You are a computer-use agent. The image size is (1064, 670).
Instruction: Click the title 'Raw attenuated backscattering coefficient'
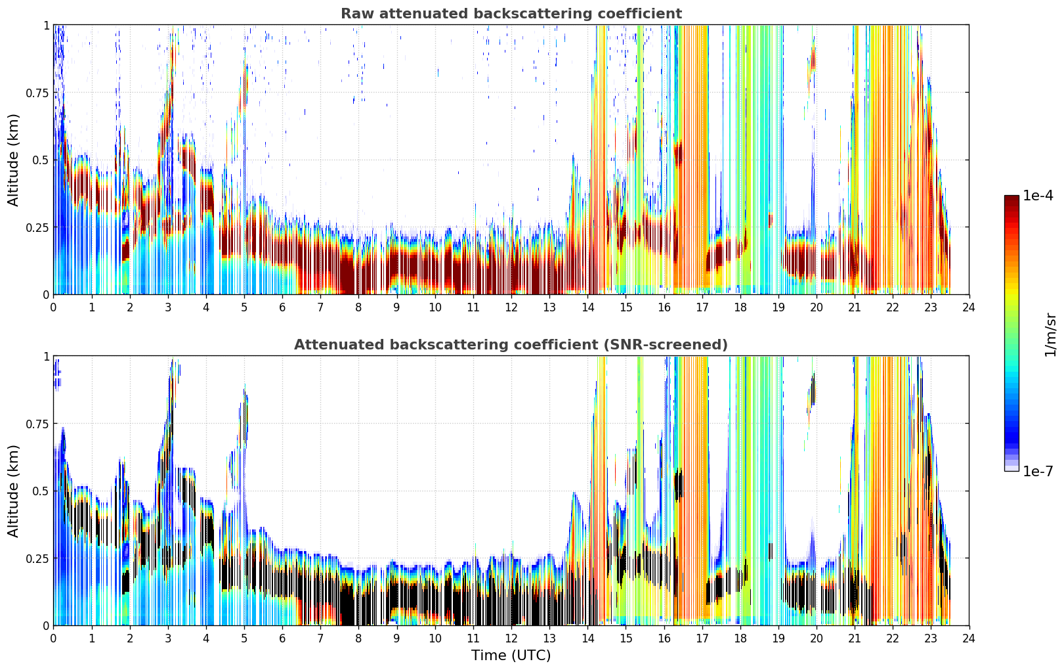click(511, 13)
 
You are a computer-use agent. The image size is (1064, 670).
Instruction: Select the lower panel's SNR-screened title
click(511, 344)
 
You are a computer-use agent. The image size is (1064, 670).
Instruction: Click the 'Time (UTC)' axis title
click(511, 656)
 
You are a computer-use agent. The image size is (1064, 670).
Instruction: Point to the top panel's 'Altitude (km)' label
click(13, 160)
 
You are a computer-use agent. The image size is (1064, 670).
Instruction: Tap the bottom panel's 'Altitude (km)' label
click(13, 491)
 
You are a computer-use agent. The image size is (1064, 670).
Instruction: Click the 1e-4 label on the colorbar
click(1038, 195)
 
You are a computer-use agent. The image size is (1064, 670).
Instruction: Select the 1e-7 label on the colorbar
click(1038, 472)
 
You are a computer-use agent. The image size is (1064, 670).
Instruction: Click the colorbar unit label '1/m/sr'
click(1050, 334)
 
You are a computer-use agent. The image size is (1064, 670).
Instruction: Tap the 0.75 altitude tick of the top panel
click(37, 93)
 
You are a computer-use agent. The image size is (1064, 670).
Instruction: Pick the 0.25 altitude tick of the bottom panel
click(37, 558)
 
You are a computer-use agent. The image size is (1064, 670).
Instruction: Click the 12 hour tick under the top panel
click(511, 307)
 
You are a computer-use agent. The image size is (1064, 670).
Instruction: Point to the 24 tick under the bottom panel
click(969, 638)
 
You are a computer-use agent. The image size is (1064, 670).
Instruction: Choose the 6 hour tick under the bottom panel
click(282, 638)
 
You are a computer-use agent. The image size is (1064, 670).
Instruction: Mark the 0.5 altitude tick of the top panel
click(41, 160)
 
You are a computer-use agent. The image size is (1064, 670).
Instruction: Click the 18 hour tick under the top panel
click(740, 307)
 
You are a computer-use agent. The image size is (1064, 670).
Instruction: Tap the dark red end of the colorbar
click(1011, 198)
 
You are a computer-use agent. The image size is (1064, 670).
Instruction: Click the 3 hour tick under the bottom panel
click(167, 638)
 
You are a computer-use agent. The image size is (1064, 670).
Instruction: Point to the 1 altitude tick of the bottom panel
click(47, 357)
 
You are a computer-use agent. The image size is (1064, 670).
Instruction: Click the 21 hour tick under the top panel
click(855, 307)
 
